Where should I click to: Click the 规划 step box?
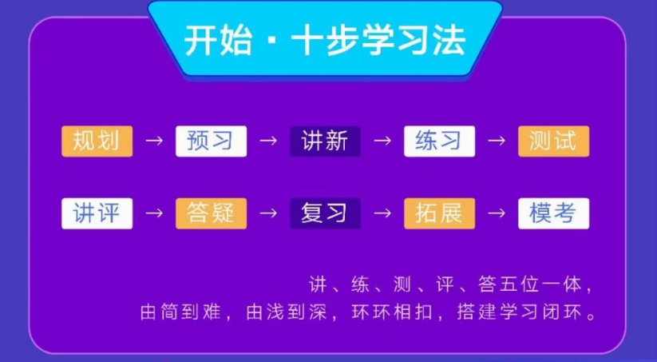pyautogui.click(x=97, y=141)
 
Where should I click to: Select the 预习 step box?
pyautogui.click(x=211, y=141)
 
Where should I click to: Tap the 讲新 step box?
pyautogui.click(x=325, y=141)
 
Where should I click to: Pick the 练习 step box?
pyautogui.click(x=439, y=141)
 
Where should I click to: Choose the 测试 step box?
pyautogui.click(x=553, y=141)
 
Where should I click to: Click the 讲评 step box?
pyautogui.click(x=97, y=213)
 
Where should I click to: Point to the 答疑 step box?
pyautogui.click(x=211, y=213)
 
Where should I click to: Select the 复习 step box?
pyautogui.click(x=325, y=213)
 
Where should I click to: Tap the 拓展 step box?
pyautogui.click(x=439, y=213)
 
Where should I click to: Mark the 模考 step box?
pyautogui.click(x=553, y=213)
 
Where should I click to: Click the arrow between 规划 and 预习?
pyautogui.click(x=154, y=141)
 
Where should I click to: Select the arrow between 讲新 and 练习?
pyautogui.click(x=382, y=141)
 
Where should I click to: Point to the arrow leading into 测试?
pyautogui.click(x=497, y=141)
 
